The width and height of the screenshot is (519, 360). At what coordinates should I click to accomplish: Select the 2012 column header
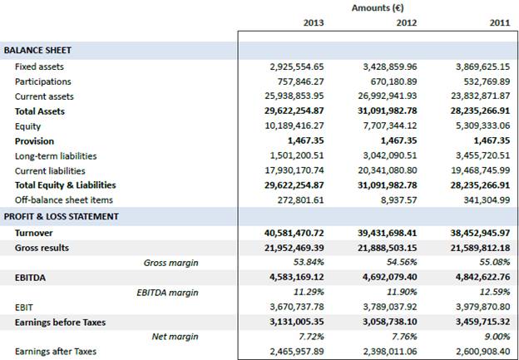point(406,23)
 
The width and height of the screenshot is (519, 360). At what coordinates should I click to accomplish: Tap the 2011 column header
point(499,23)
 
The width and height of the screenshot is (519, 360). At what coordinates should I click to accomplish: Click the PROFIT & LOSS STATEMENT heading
point(62,216)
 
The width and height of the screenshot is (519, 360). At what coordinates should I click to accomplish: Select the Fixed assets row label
point(39,67)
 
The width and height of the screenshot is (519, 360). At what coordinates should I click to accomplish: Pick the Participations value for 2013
point(298,81)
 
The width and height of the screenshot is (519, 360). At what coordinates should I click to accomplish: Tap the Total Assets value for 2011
point(478,111)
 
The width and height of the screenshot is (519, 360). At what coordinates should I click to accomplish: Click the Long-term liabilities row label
point(56,156)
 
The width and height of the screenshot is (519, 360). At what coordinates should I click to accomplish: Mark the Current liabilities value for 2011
point(479,170)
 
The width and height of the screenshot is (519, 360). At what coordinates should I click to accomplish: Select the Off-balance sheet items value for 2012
point(396,200)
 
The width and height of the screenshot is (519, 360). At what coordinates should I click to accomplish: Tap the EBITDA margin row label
point(167,293)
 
